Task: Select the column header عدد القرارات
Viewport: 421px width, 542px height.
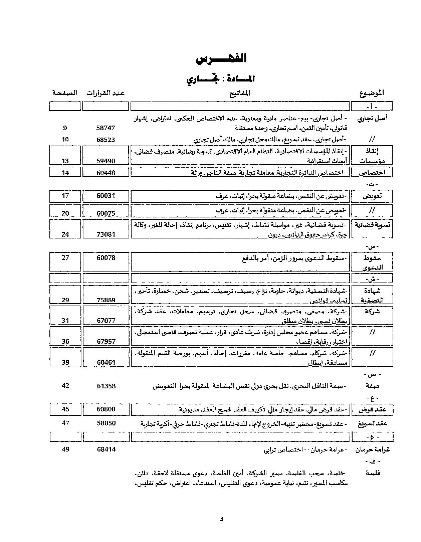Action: point(106,93)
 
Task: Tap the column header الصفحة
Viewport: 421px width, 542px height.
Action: point(65,93)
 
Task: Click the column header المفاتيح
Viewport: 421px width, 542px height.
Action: point(240,93)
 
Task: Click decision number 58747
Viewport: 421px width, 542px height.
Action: point(106,128)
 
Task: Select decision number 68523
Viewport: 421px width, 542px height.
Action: point(106,139)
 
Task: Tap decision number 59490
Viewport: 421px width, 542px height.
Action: point(106,161)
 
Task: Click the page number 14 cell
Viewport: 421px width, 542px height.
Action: point(65,173)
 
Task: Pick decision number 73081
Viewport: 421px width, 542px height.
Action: point(106,234)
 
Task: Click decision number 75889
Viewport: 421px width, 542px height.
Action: point(106,300)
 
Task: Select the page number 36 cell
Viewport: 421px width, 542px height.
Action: point(65,341)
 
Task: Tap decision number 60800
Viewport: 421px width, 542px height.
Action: point(106,409)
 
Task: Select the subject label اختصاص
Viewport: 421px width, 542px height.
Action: point(372,173)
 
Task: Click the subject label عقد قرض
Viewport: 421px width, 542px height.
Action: point(372,409)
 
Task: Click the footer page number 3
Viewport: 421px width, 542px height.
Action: point(222,519)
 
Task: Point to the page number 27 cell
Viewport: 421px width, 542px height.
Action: point(65,258)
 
